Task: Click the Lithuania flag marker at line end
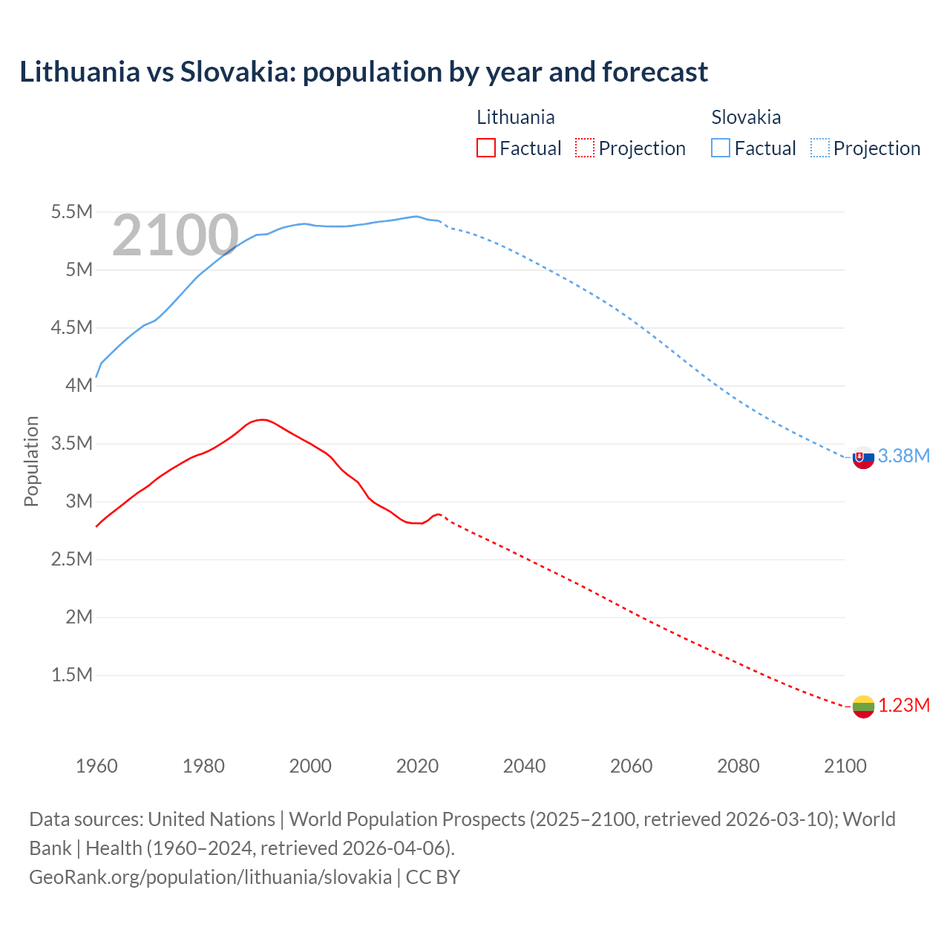pos(863,707)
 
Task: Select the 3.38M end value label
pos(903,456)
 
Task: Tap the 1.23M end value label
pos(904,705)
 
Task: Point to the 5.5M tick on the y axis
pos(71,212)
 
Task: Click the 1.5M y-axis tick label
pos(71,675)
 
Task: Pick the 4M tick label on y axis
pos(79,385)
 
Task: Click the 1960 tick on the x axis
pos(96,766)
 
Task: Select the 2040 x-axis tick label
pos(524,766)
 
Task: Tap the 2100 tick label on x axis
pos(845,766)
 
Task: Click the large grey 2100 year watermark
pos(175,235)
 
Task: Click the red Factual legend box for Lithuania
pos(486,148)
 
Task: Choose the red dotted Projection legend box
pos(585,148)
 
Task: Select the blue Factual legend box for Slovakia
pos(721,148)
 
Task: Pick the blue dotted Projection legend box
pos(819,148)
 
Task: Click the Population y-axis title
pos(31,461)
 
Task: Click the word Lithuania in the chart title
pos(79,72)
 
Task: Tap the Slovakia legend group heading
pos(745,117)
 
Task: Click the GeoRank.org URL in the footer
pos(210,877)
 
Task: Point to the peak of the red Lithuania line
pos(261,419)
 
